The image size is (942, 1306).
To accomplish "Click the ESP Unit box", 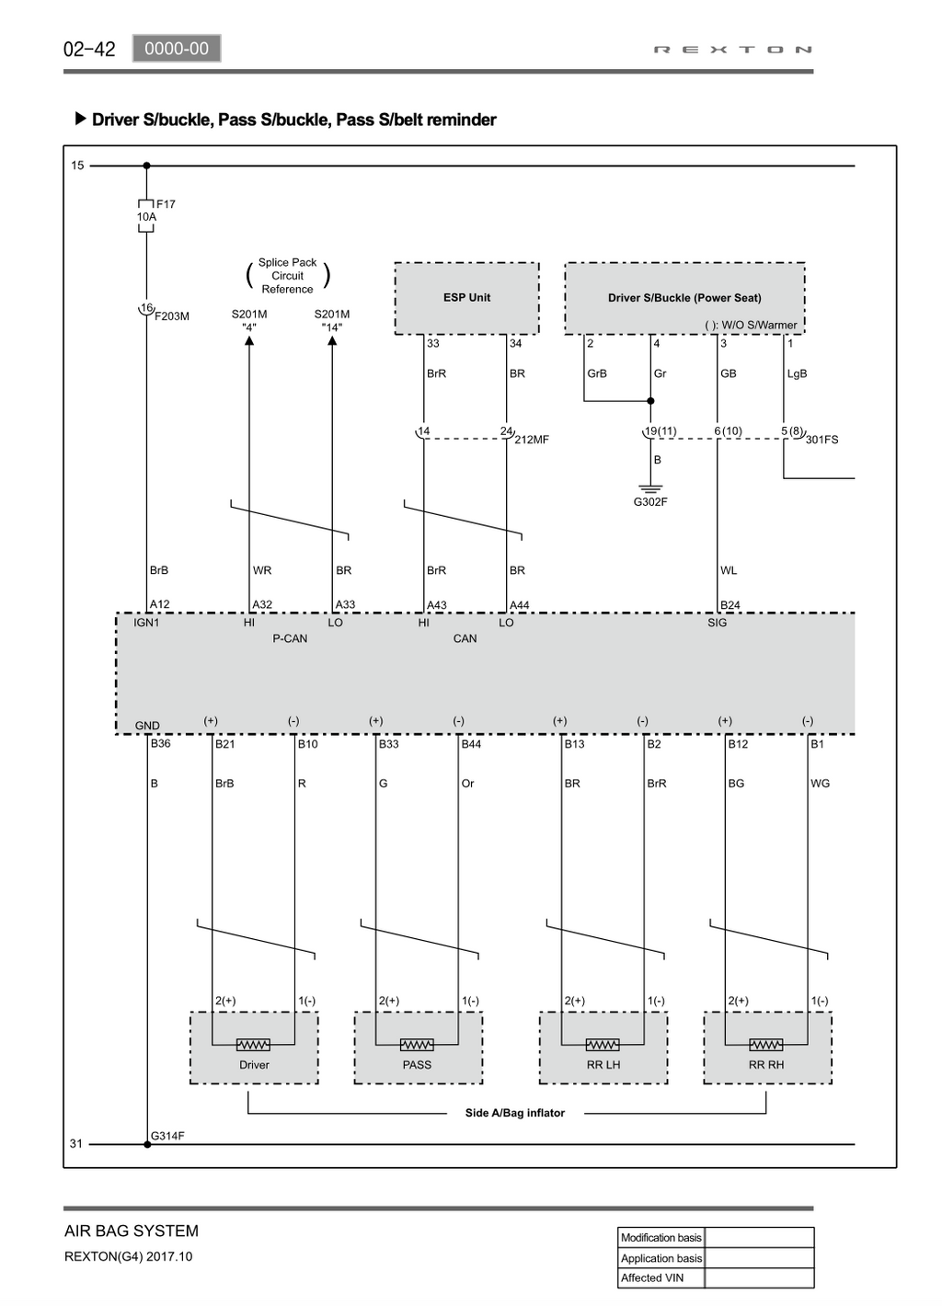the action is pos(466,298).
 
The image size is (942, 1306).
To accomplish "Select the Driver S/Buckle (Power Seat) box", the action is pos(684,298).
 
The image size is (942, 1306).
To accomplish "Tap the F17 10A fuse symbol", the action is pos(146,216).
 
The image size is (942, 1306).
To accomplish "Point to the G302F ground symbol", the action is pos(650,488).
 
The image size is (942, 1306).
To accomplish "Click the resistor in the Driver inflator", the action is pos(253,1045).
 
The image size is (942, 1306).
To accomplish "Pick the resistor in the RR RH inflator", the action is pos(766,1045).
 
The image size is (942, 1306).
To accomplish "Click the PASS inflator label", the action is pos(417,1065).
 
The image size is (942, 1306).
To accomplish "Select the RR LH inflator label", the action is pos(603,1065).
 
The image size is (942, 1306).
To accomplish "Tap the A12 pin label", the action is pos(160,604).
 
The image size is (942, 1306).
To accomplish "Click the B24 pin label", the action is pos(730,604).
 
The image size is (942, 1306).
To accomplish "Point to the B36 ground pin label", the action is pos(160,743).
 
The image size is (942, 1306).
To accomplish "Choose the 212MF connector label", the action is pos(532,440).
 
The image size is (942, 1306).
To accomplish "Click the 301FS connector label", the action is pos(821,440).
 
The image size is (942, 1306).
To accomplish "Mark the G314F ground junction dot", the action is pos(147,1144).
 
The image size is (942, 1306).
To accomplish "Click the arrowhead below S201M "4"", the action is pos(249,340).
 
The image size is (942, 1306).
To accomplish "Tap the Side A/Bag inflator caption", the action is pos(514,1113).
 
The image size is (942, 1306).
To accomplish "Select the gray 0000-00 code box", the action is pos(177,49).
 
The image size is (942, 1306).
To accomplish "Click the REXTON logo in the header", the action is pos(732,50).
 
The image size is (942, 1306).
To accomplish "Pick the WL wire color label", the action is pos(729,570).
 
